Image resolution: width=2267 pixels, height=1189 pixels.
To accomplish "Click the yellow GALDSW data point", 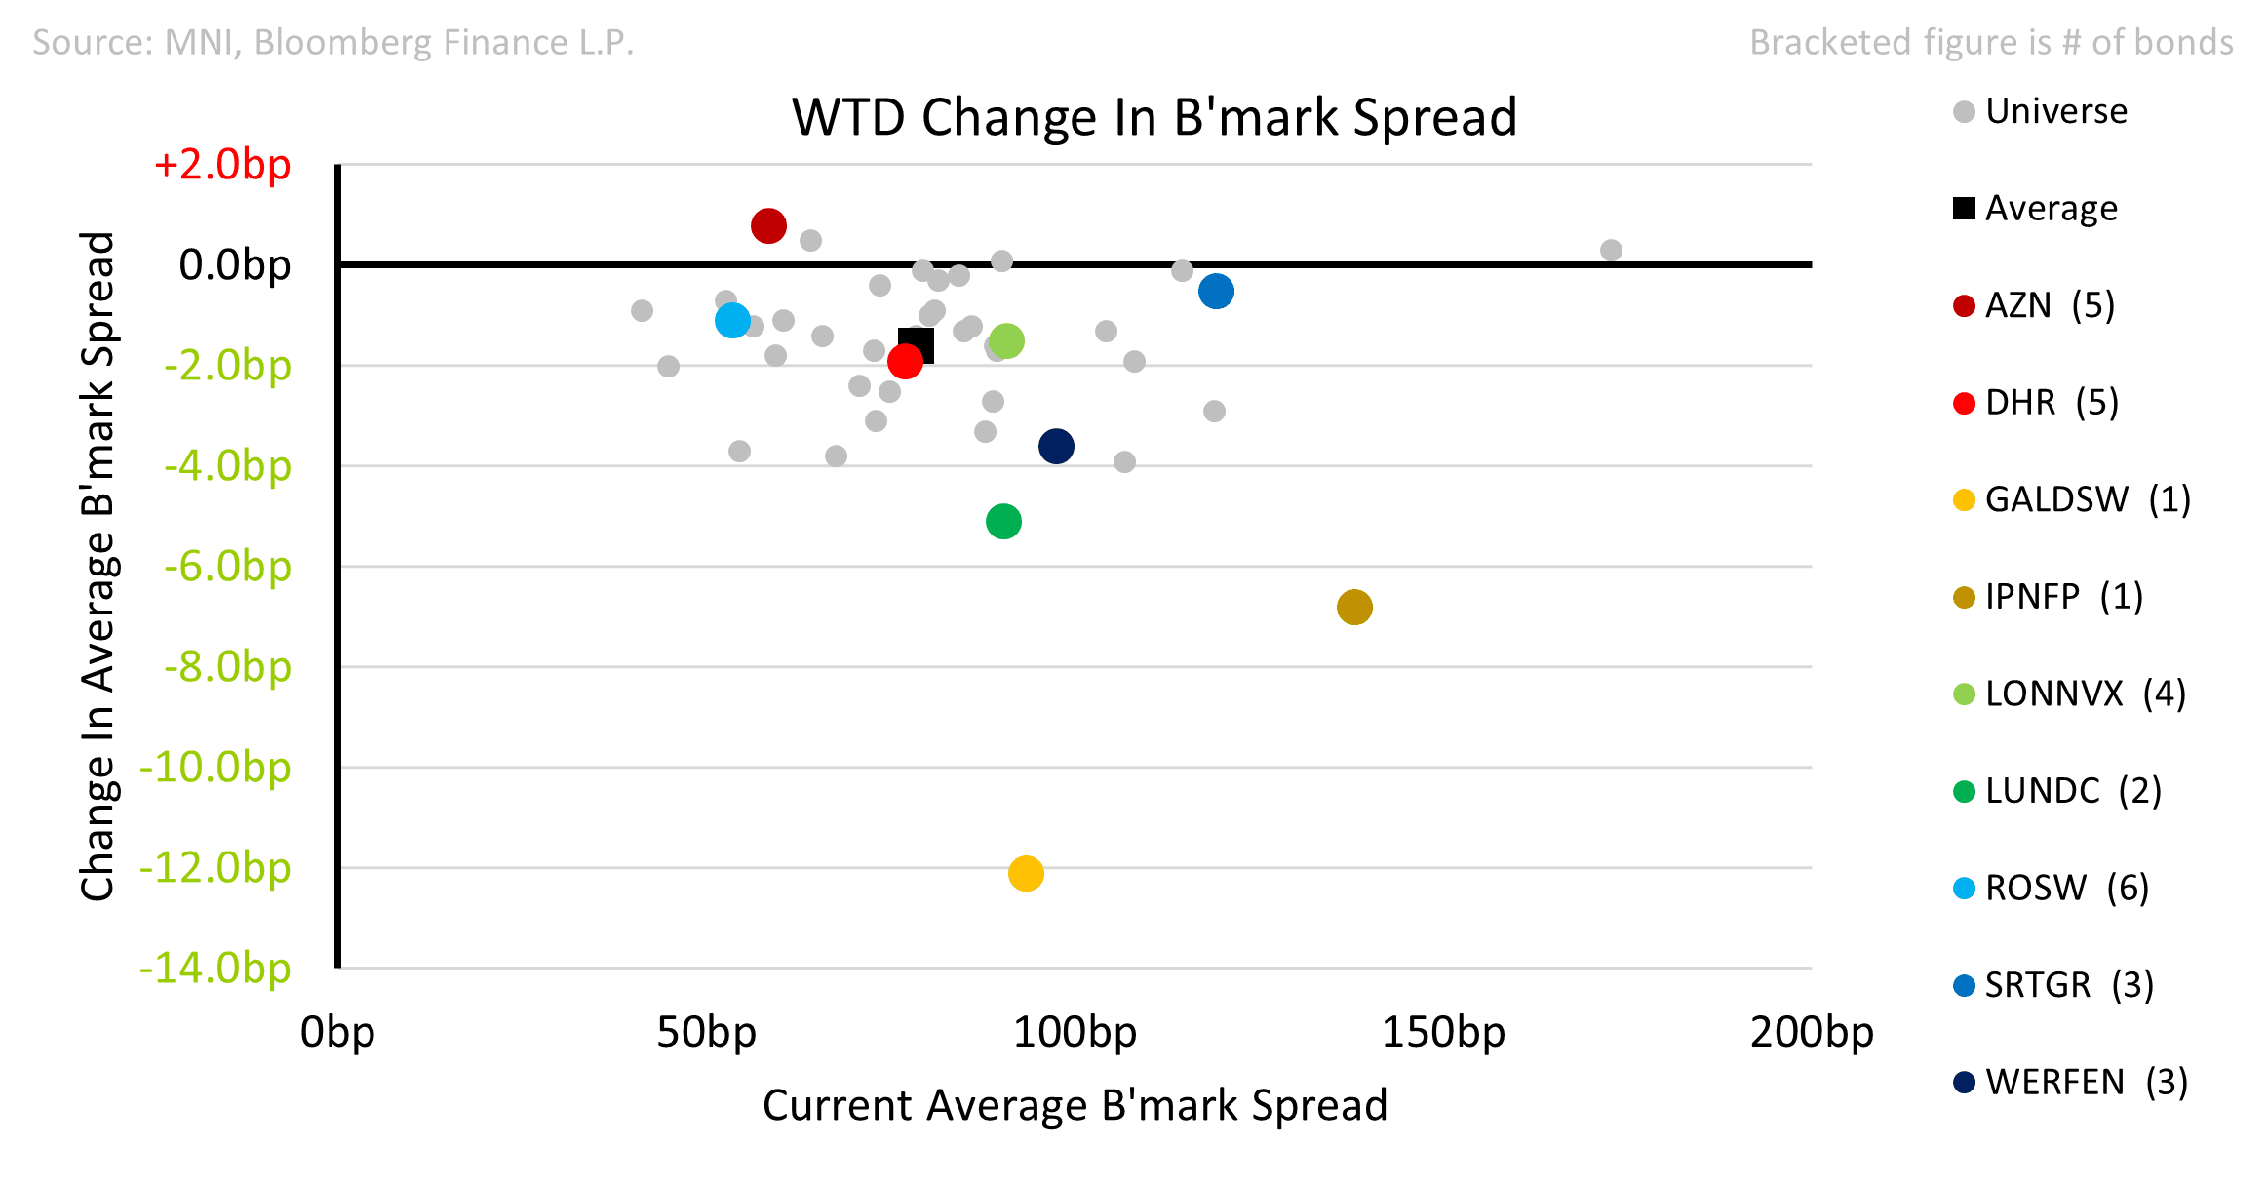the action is coord(1026,873).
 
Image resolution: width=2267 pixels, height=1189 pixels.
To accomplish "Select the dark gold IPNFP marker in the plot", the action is coord(1354,607).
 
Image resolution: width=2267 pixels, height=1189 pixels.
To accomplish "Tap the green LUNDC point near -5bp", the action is coord(1003,522).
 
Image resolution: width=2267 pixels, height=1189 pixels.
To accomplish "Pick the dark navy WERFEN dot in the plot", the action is coord(1056,447).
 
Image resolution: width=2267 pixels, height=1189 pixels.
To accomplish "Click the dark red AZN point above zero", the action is coord(768,226).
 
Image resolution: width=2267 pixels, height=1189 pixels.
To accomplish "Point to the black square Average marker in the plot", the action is coord(917,345).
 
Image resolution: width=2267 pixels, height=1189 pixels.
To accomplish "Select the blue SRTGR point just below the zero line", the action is coord(1216,291).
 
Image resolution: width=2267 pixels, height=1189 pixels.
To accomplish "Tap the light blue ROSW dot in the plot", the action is coord(732,320).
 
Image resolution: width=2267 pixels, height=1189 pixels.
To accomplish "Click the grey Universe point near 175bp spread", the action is coord(1611,251).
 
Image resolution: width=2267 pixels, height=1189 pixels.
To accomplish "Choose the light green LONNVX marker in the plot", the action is coord(1006,341).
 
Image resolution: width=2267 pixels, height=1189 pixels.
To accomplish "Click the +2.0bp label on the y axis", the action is coord(222,164).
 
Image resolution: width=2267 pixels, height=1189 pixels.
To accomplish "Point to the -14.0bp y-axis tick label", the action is coord(215,968).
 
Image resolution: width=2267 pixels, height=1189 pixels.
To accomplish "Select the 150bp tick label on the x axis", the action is coord(1443,1032).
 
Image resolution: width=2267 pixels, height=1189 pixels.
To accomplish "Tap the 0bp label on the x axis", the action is coord(337,1032).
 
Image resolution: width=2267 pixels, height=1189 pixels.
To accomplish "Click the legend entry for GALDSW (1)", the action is coord(2072,499).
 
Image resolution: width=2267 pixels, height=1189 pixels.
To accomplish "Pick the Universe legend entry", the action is coord(2041,111).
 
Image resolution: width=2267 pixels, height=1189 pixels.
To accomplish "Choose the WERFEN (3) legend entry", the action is coord(2071,1082).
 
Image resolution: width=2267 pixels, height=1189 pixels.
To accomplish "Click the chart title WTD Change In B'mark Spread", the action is coord(1154,117).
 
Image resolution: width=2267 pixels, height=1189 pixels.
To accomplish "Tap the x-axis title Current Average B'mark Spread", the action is coord(1075,1105).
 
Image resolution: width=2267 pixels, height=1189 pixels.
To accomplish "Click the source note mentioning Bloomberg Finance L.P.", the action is coord(333,42).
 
